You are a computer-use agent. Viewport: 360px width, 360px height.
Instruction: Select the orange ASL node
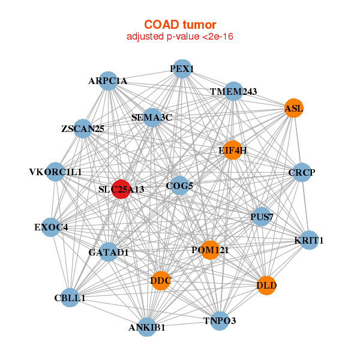(293, 108)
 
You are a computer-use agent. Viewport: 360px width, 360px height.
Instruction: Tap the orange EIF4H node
(233, 150)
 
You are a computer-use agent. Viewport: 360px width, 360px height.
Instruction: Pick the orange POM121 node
(209, 250)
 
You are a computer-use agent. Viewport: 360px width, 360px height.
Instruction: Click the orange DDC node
(161, 280)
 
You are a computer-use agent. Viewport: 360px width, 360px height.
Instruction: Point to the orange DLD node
(266, 286)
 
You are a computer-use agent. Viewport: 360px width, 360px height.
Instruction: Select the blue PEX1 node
(181, 69)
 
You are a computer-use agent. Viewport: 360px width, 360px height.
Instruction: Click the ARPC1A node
(108, 80)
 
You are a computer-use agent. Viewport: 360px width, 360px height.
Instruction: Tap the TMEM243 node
(233, 91)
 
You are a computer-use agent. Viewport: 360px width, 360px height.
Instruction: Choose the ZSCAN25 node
(83, 128)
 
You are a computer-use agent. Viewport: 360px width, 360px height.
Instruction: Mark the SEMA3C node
(152, 117)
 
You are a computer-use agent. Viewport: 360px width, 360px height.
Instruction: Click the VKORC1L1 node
(55, 172)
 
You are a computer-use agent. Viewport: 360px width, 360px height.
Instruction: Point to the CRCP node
(301, 173)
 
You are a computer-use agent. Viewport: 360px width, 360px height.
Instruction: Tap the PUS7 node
(261, 216)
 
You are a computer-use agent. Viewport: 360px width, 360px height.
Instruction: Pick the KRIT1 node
(309, 241)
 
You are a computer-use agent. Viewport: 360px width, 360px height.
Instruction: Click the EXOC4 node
(52, 227)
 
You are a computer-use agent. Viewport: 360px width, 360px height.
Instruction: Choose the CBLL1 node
(70, 298)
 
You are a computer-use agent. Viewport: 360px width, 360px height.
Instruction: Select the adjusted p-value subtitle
(180, 37)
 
